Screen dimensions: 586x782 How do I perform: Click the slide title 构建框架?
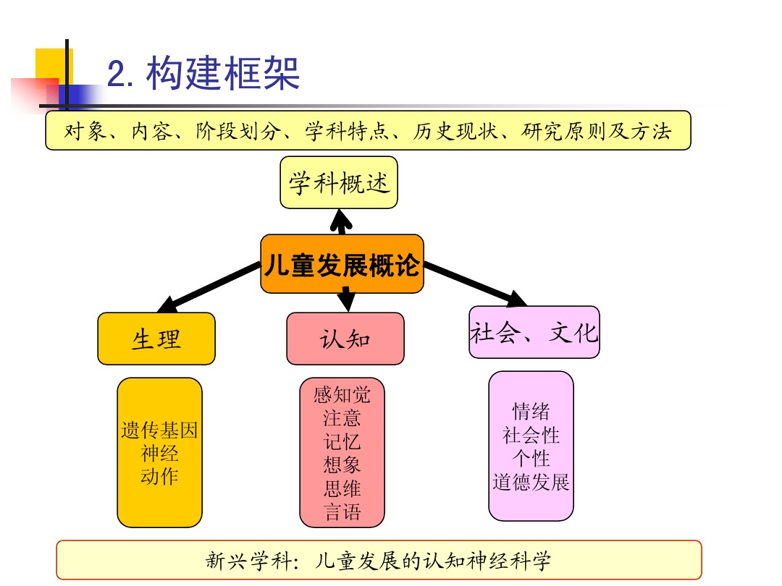[x=223, y=75]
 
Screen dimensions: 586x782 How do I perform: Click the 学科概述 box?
[x=339, y=183]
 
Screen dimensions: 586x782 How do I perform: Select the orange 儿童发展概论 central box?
[x=342, y=265]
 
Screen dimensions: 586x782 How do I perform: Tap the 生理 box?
[x=156, y=339]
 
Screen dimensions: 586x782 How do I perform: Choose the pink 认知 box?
[x=345, y=339]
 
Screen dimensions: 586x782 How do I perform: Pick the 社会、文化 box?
[x=534, y=333]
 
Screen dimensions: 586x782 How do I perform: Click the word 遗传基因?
[x=159, y=432]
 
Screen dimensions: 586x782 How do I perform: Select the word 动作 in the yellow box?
[x=159, y=477]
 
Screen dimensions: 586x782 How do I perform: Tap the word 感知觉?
[x=342, y=395]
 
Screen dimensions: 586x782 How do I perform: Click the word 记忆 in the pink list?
[x=342, y=441]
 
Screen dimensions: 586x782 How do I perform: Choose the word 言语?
[x=342, y=512]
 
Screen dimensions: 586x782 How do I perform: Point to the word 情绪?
[x=531, y=412]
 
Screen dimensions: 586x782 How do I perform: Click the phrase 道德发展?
[x=531, y=482]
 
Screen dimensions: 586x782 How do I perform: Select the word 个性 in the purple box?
[x=531, y=459]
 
